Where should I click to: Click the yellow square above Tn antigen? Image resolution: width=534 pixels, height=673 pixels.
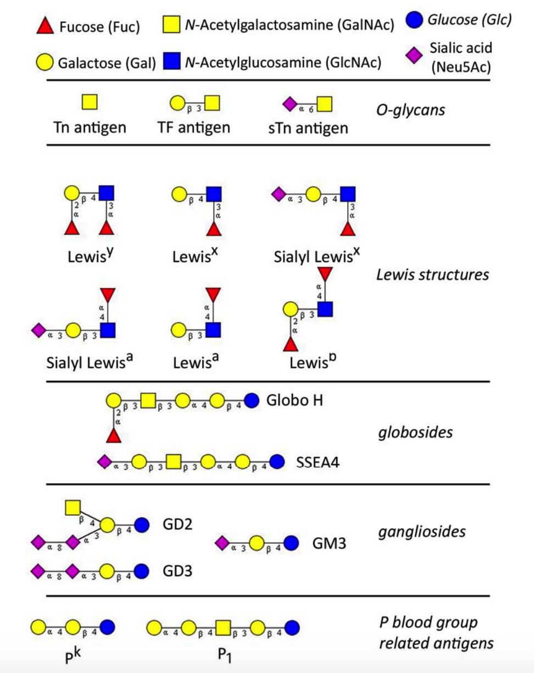pos(90,102)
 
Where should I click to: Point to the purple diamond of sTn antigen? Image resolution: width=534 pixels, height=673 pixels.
pos(289,103)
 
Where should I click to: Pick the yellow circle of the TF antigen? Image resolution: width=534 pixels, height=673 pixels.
pos(177,103)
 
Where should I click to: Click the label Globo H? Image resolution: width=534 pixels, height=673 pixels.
pos(294,400)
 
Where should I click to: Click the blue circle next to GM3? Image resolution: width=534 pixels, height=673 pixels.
pos(291,543)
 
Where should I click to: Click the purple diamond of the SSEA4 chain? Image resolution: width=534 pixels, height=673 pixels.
pos(103,461)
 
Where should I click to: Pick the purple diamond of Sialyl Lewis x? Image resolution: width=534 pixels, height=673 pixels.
pos(278,194)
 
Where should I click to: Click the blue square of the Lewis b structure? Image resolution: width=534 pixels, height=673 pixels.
pos(325,310)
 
